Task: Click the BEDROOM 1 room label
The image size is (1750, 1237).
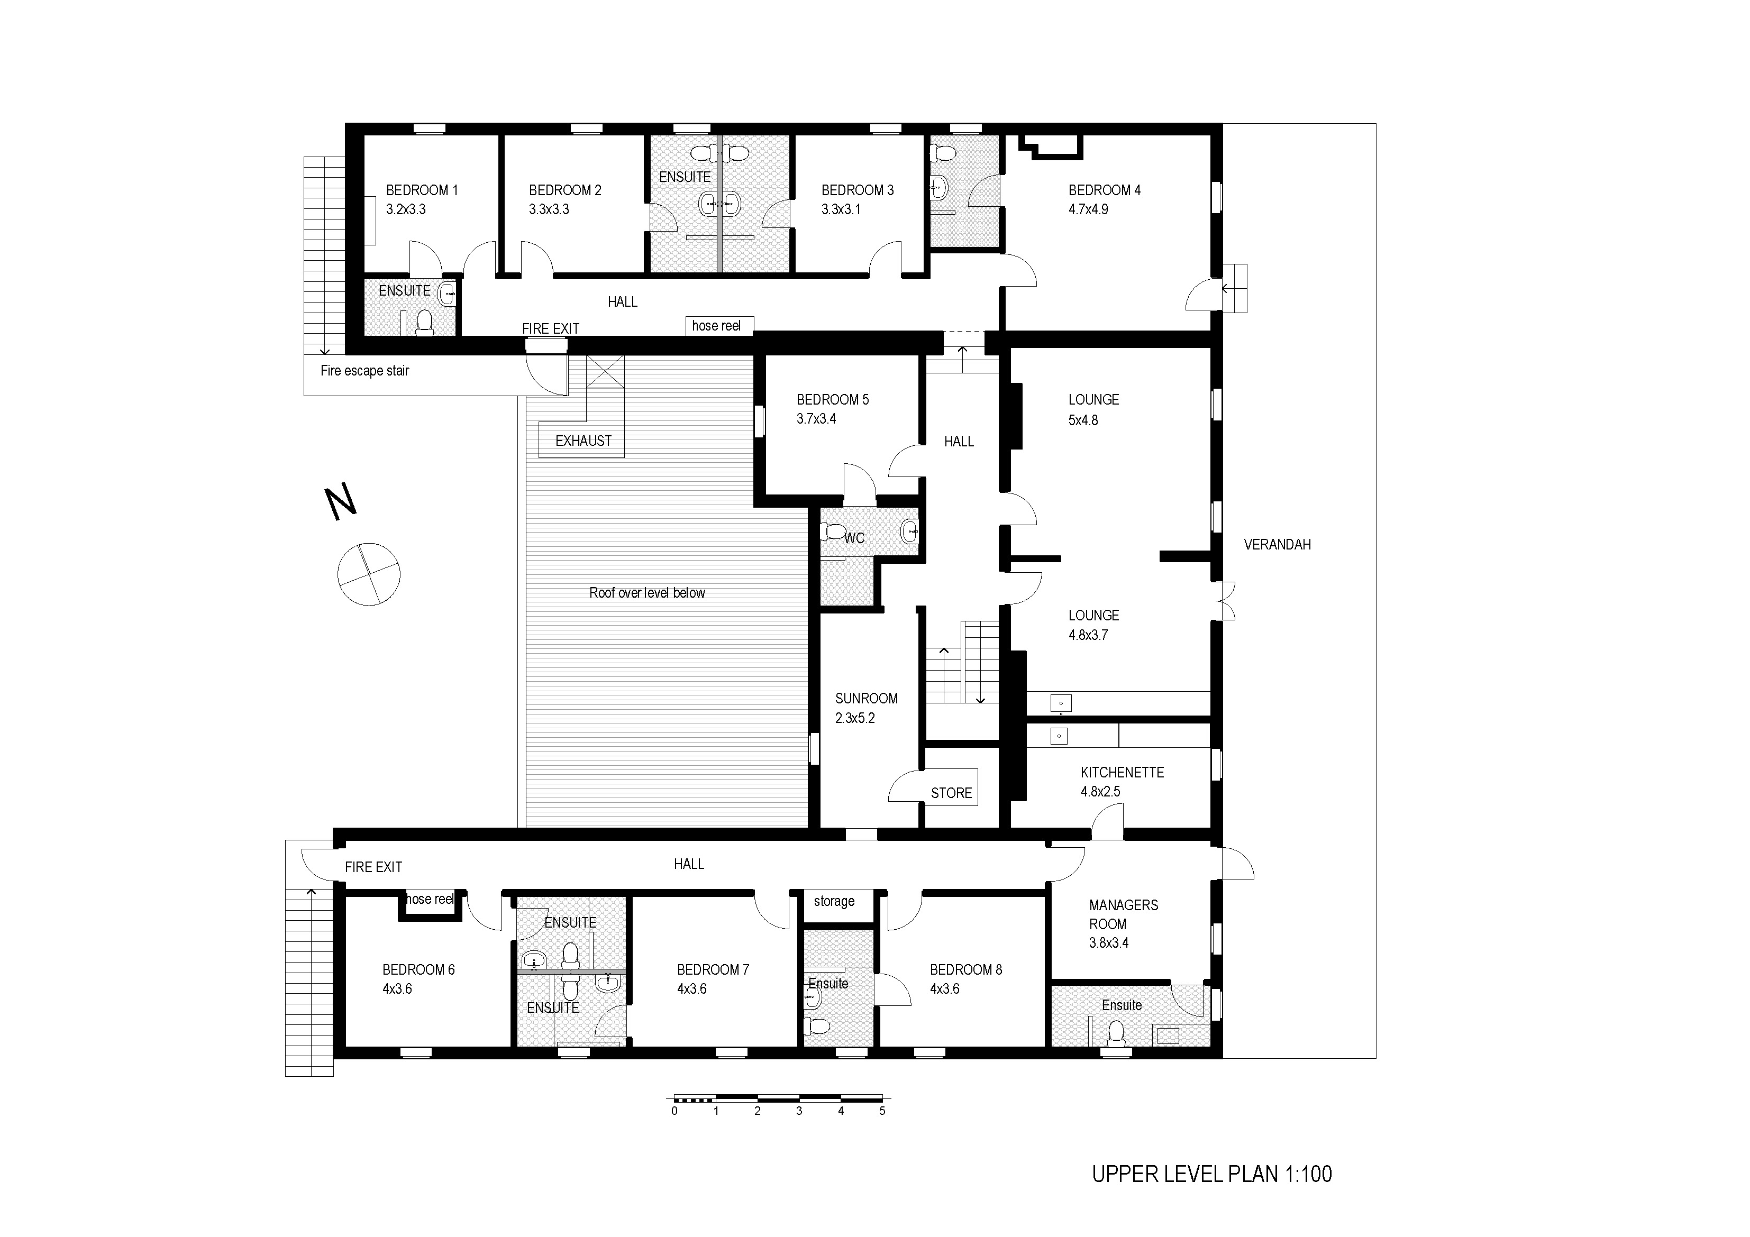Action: coord(422,190)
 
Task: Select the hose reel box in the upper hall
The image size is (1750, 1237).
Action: coord(719,325)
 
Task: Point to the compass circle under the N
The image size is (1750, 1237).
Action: coord(369,574)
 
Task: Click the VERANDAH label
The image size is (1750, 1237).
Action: coord(1278,544)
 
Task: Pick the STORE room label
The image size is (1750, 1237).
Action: coord(951,793)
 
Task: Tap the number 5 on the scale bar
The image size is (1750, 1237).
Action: coord(882,1111)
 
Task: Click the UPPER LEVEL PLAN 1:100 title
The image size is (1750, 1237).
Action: coord(1212,1174)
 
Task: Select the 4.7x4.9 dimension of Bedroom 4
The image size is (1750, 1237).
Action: coord(1088,209)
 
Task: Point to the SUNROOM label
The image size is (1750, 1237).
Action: coord(866,698)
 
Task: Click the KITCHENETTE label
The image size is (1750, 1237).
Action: coord(1122,772)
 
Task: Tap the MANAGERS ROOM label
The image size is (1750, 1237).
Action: coord(1124,914)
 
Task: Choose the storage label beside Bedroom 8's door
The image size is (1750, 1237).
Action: coord(834,901)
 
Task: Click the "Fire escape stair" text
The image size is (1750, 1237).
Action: coord(364,370)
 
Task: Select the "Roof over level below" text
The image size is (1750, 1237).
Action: coord(647,592)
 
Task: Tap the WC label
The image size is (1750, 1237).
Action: coord(854,538)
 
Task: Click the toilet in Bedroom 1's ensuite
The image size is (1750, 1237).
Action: coord(425,323)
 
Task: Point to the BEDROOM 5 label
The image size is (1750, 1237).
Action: coord(832,399)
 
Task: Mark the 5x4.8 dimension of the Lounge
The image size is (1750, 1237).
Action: coord(1083,420)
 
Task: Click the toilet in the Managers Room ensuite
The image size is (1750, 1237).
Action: coord(1117,1034)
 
